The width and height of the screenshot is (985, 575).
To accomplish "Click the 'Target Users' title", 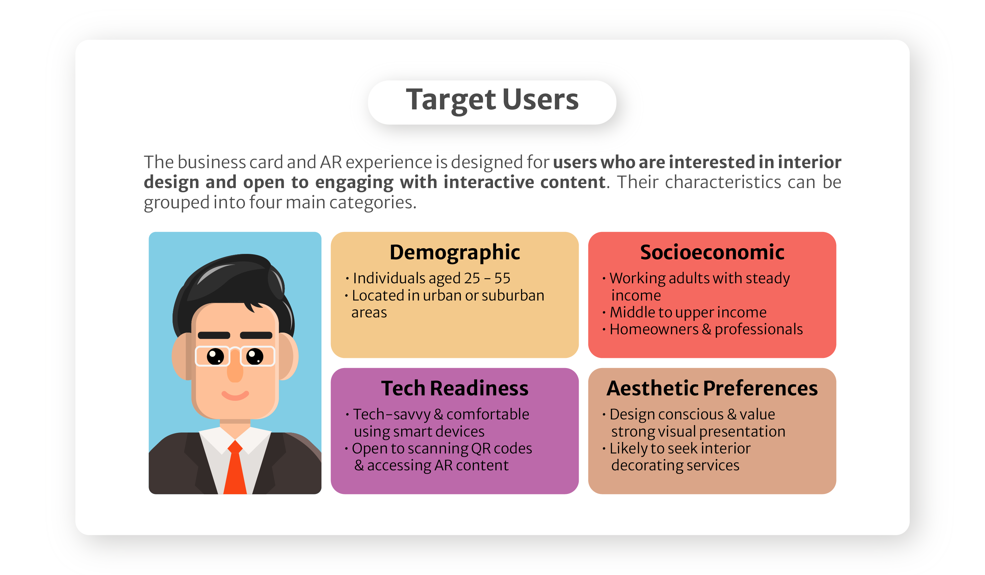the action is tap(492, 100).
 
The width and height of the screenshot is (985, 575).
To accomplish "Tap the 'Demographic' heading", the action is tap(455, 252).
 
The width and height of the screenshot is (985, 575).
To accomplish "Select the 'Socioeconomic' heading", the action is tap(712, 252).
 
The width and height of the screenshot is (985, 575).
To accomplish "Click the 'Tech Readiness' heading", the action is tap(455, 388).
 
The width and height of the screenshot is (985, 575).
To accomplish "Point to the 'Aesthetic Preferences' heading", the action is tap(712, 388).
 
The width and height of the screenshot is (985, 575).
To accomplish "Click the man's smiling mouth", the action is tap(235, 395).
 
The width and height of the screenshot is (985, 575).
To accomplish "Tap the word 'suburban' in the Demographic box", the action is tap(513, 295).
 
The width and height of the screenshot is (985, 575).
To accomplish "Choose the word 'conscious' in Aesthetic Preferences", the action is tap(687, 414).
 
